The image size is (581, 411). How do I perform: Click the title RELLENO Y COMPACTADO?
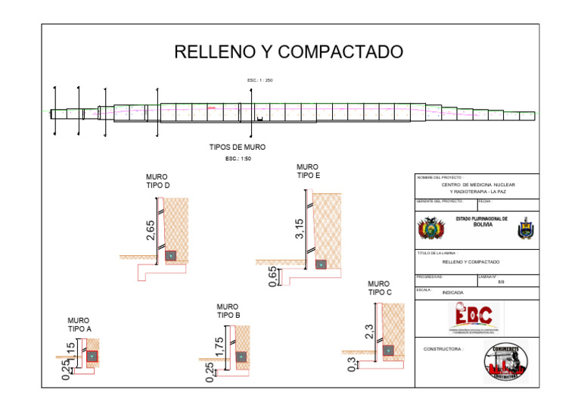point(288,52)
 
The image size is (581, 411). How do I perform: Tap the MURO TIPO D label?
point(157,181)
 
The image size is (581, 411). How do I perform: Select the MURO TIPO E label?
point(308,171)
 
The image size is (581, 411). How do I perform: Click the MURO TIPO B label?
point(228,311)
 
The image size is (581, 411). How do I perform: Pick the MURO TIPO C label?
point(380,288)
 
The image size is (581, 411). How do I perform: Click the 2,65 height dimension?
point(151,231)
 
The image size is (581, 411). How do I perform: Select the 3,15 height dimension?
point(299,229)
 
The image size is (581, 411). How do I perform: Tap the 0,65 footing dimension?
point(272,277)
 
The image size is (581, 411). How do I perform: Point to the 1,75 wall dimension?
point(219,347)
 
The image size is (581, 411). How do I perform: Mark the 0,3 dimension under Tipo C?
point(351,365)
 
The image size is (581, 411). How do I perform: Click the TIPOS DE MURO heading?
point(237,147)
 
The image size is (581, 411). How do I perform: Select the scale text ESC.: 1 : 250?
point(259,80)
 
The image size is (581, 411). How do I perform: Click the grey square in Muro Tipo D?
point(172,256)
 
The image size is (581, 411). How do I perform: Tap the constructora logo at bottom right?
point(505,360)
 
